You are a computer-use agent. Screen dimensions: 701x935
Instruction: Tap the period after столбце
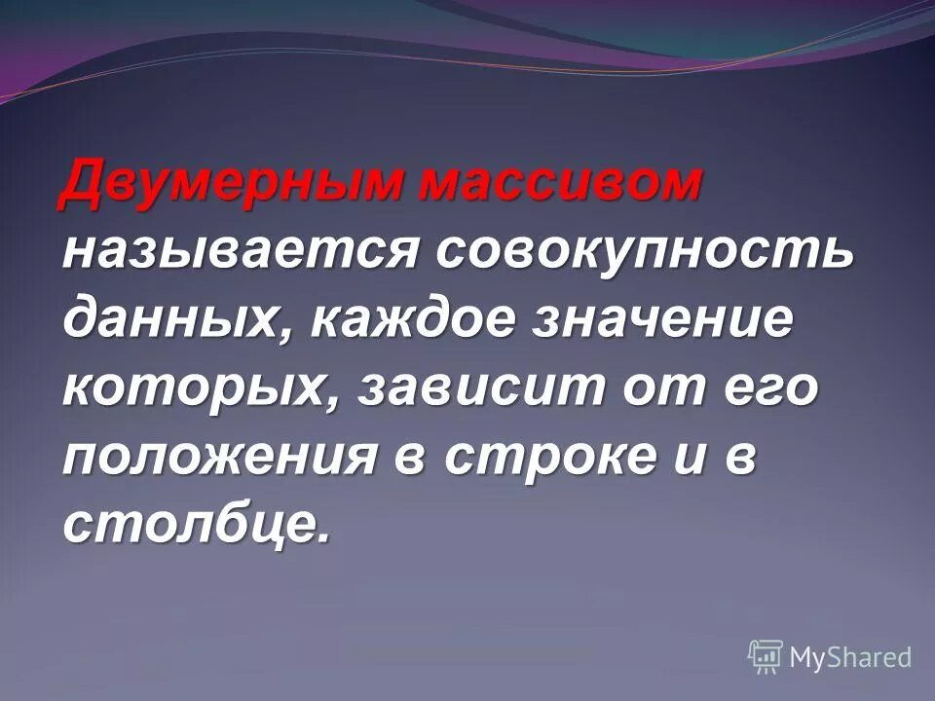323,541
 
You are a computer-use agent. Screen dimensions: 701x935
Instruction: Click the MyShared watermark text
850,656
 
